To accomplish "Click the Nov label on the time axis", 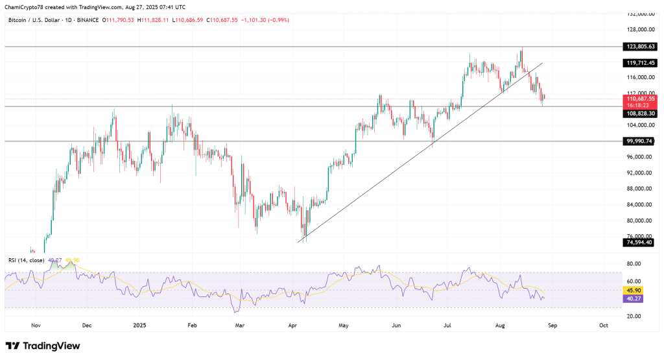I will [x=36, y=325].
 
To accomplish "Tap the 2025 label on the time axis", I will [x=140, y=325].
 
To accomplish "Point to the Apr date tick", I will [x=291, y=325].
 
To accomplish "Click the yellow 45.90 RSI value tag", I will [x=632, y=291].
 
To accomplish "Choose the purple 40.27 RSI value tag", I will [x=632, y=299].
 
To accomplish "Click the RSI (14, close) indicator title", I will [x=25, y=260].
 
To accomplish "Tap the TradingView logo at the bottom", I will [x=43, y=346].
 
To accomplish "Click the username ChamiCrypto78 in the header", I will [x=27, y=7].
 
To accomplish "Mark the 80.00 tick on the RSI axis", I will [x=634, y=264].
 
